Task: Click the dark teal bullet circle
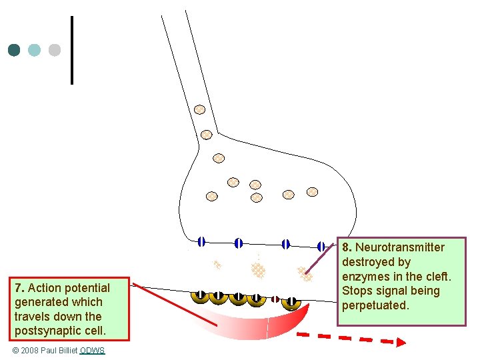tap(14, 50)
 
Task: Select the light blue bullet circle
tap(35, 50)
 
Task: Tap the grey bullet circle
tap(55, 50)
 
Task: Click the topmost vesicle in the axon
tap(199, 109)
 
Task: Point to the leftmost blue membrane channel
tap(201, 242)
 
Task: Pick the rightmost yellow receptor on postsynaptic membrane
tap(291, 302)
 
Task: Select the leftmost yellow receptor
tap(200, 297)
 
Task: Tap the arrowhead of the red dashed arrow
tap(400, 342)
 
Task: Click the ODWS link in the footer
tap(92, 351)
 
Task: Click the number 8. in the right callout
tap(347, 247)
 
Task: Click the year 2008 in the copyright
tap(32, 351)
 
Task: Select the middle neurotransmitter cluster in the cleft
tap(257, 269)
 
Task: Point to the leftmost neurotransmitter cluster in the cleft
tap(217, 265)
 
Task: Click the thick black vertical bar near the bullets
tap(71, 50)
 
